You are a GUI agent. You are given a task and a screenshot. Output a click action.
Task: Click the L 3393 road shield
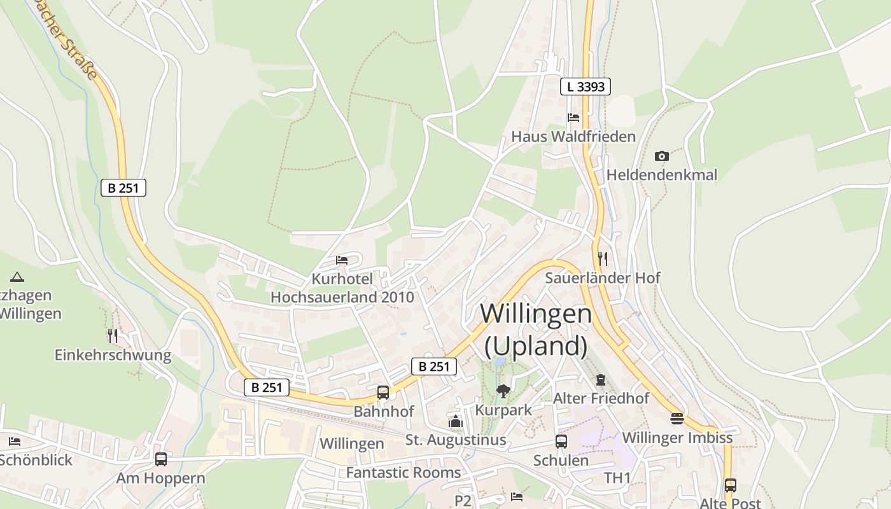tap(586, 87)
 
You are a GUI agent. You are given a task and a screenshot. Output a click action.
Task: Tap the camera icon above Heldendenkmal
tap(662, 156)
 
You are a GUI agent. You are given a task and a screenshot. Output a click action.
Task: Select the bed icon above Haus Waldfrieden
tap(573, 118)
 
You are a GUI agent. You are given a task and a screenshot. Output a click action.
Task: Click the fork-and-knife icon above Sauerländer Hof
tap(603, 258)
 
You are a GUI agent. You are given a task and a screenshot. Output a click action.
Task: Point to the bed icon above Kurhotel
tap(342, 260)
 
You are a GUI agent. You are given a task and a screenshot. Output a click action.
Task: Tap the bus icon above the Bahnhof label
tap(383, 393)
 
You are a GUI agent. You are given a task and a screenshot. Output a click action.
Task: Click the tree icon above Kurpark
tap(503, 391)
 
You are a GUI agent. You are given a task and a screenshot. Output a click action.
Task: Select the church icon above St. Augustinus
tap(456, 421)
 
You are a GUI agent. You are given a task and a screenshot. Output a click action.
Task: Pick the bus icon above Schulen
tap(561, 441)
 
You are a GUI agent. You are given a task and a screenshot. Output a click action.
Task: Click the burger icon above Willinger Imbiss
tap(677, 419)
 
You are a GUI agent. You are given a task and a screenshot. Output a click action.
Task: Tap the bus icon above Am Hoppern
tap(161, 459)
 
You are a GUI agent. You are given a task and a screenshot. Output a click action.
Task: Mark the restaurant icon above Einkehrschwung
tap(113, 335)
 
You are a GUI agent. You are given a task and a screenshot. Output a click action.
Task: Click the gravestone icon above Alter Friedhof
tap(601, 380)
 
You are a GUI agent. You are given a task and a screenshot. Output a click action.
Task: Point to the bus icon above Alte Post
tap(730, 485)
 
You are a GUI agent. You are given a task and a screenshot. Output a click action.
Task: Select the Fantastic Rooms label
tap(403, 473)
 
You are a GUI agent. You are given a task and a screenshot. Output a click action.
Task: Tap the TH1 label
tap(617, 478)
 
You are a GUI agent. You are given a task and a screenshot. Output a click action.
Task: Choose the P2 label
tap(463, 501)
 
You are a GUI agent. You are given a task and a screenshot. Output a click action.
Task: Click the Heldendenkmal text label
tap(662, 175)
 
